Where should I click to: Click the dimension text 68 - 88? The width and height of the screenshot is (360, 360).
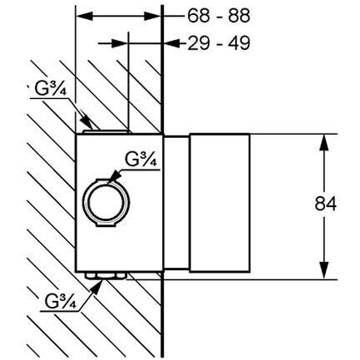219,16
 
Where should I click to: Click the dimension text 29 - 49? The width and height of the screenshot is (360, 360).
219,43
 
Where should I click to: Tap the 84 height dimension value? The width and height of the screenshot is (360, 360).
325,204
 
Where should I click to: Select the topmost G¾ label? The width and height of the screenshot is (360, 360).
51,88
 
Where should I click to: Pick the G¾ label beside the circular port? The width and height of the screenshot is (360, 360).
141,159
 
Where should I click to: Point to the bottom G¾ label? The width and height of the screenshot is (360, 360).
60,302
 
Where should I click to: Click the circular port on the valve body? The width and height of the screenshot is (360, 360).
106,203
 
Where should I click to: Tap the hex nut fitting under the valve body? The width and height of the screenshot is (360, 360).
106,275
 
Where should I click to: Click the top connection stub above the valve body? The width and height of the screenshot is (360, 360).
106,131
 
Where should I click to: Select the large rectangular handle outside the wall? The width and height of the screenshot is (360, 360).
219,203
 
